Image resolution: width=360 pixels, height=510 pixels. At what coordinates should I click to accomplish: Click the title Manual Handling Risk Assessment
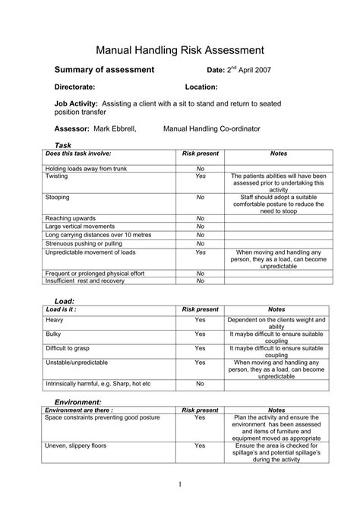[x=179, y=49]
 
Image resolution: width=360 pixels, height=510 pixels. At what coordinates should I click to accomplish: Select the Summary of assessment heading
[x=105, y=70]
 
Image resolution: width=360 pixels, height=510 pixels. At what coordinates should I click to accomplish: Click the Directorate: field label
[x=78, y=87]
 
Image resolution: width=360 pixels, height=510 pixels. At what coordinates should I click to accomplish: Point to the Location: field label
[x=201, y=87]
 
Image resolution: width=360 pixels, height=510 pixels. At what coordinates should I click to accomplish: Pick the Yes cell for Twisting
[x=201, y=176]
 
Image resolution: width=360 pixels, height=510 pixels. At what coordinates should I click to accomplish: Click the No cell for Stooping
[x=201, y=197]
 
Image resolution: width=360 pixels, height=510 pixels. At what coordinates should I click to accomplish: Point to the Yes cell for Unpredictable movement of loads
[x=201, y=252]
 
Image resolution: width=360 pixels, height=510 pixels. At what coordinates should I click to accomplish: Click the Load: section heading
[x=65, y=302]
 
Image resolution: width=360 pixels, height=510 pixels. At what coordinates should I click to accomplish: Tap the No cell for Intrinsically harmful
[x=201, y=384]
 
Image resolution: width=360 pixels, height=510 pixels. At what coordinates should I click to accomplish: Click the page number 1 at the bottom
[x=179, y=483]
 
